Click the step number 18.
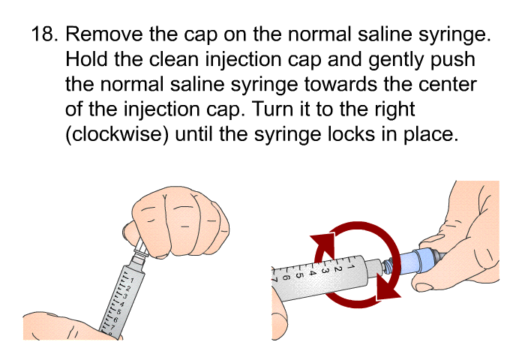(x=44, y=34)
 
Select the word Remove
(x=104, y=34)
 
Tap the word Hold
(x=87, y=59)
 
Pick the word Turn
(x=271, y=109)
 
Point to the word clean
(x=174, y=59)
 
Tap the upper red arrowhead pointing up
(x=323, y=245)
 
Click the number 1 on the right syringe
(x=350, y=267)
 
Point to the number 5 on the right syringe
(x=299, y=275)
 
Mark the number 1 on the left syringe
(x=132, y=280)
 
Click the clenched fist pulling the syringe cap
(x=177, y=222)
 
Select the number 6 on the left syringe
(x=115, y=319)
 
